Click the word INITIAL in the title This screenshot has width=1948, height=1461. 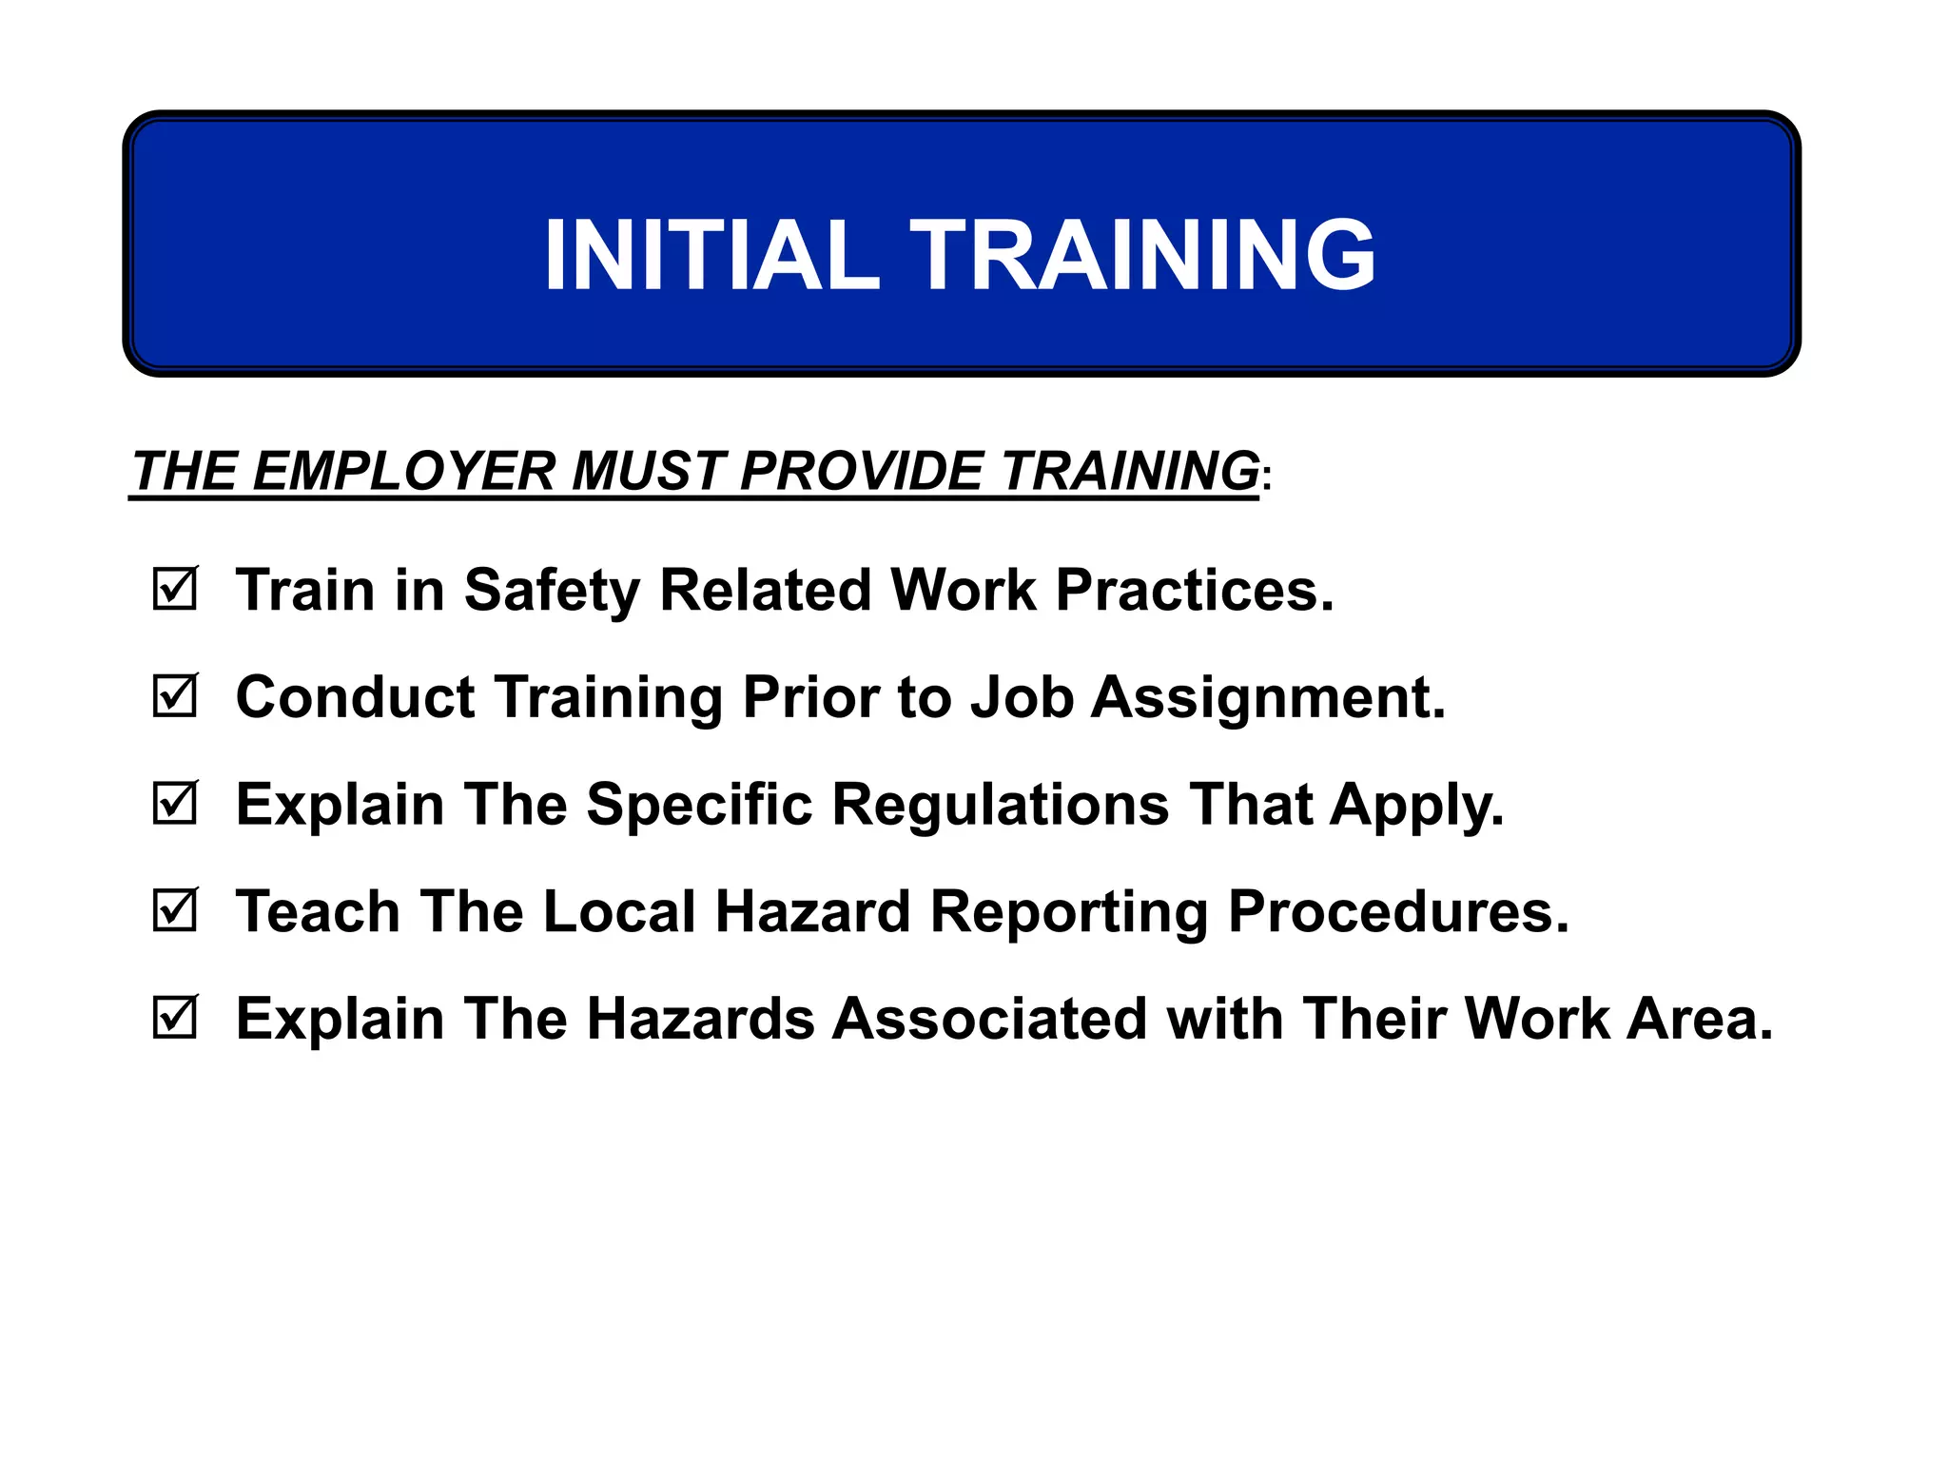pyautogui.click(x=711, y=255)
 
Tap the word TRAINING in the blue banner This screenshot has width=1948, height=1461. pyautogui.click(x=1143, y=255)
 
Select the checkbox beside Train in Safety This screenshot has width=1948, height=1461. pyautogui.click(x=175, y=590)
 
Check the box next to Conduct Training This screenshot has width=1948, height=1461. pyautogui.click(x=175, y=696)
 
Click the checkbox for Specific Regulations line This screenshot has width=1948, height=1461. pyautogui.click(x=175, y=804)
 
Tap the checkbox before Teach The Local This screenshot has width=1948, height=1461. pyautogui.click(x=175, y=911)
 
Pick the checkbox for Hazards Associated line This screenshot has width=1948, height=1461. pyautogui.click(x=175, y=1019)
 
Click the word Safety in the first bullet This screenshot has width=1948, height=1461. pyautogui.click(x=552, y=591)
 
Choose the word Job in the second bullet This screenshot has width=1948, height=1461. pyautogui.click(x=1022, y=697)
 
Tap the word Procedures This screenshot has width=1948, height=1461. pyautogui.click(x=1398, y=911)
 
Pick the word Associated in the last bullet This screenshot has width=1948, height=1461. pyautogui.click(x=989, y=1019)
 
